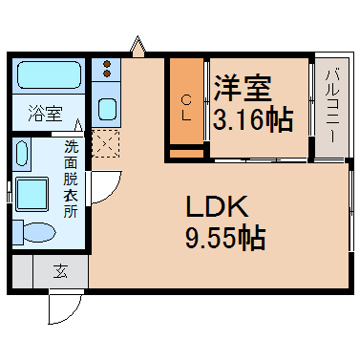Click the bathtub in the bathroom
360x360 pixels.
point(50,74)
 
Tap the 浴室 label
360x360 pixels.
point(46,113)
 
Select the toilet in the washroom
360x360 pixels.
point(35,233)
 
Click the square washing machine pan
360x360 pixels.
point(32,194)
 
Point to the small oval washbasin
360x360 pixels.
point(21,153)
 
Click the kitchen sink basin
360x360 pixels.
point(107,109)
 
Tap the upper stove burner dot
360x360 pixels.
point(107,64)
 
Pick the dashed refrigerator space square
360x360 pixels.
point(106,143)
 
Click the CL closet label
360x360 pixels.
point(186,108)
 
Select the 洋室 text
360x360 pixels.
point(243,88)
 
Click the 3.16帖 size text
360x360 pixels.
point(253,120)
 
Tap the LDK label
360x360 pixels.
point(217,206)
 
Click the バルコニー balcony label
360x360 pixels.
point(332,106)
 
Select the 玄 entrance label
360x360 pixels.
point(60,271)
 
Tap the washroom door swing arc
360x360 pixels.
point(112,193)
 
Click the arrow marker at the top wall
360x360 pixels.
point(138,47)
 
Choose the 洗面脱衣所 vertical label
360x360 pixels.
point(71,179)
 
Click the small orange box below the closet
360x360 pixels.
point(186,154)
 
